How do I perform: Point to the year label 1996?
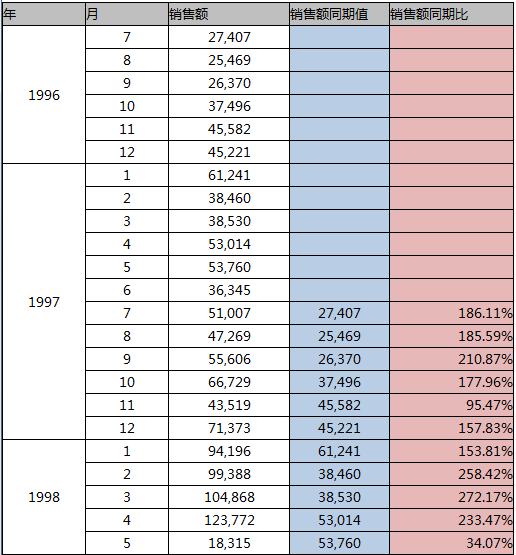[x=44, y=95]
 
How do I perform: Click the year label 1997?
[x=44, y=302]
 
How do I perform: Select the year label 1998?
[x=44, y=497]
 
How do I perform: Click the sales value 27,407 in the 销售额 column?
[x=229, y=37]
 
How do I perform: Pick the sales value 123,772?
[x=229, y=520]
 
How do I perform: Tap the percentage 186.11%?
[x=485, y=313]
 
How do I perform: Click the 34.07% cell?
[x=489, y=543]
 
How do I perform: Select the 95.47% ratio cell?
[x=489, y=405]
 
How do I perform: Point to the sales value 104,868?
[x=229, y=497]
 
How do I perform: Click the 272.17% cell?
[x=485, y=497]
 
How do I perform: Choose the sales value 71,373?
[x=229, y=428]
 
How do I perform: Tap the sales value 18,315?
[x=229, y=543]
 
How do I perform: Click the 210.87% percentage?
[x=485, y=359]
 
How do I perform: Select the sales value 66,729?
[x=229, y=382]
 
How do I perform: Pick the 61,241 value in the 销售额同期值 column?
[x=339, y=451]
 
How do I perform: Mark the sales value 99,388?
[x=229, y=474]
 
